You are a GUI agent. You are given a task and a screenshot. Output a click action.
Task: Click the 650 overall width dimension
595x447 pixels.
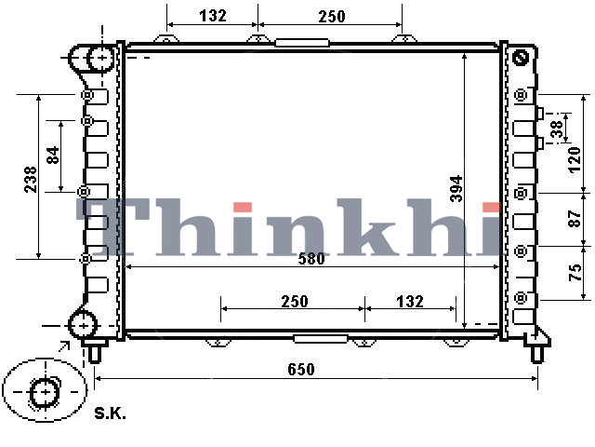click(x=301, y=370)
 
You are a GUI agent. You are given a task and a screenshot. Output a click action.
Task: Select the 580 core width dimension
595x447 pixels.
click(x=311, y=259)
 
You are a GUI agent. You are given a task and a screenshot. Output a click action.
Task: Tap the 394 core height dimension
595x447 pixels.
click(x=456, y=188)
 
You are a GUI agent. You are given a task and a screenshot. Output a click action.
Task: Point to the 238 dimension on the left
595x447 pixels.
click(x=31, y=179)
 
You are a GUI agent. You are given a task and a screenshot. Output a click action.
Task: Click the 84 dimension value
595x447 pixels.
click(x=53, y=155)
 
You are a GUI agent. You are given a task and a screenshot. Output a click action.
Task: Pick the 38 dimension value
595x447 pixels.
click(x=556, y=129)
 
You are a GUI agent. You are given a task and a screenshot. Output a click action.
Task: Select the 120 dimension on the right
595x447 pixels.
click(x=575, y=160)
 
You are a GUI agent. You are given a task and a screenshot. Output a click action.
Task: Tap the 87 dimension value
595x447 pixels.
click(x=575, y=219)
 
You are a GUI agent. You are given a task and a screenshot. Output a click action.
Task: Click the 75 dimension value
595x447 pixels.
click(x=575, y=272)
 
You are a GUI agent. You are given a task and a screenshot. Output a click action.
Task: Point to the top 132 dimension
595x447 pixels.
click(x=213, y=16)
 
